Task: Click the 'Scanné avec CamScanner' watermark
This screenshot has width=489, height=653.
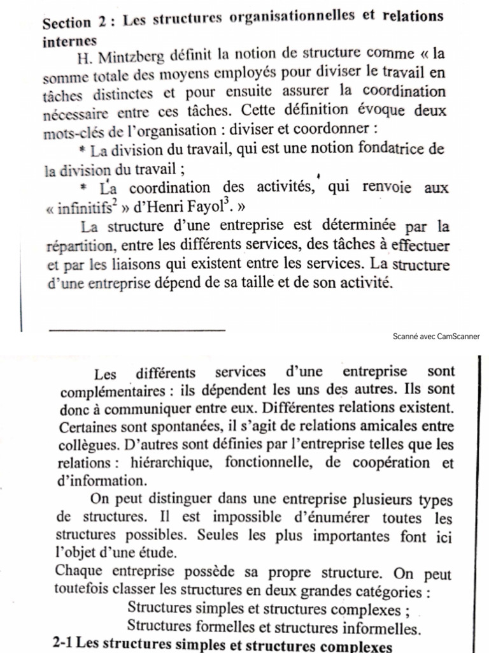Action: (437, 337)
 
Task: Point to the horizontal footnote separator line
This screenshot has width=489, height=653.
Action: (137, 329)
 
